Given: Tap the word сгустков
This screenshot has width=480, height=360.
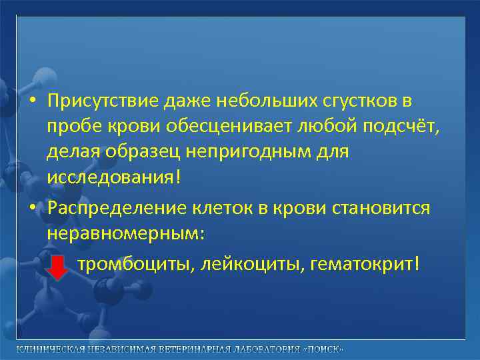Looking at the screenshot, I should click(x=356, y=101).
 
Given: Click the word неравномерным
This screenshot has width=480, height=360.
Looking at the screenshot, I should click(x=127, y=234).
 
